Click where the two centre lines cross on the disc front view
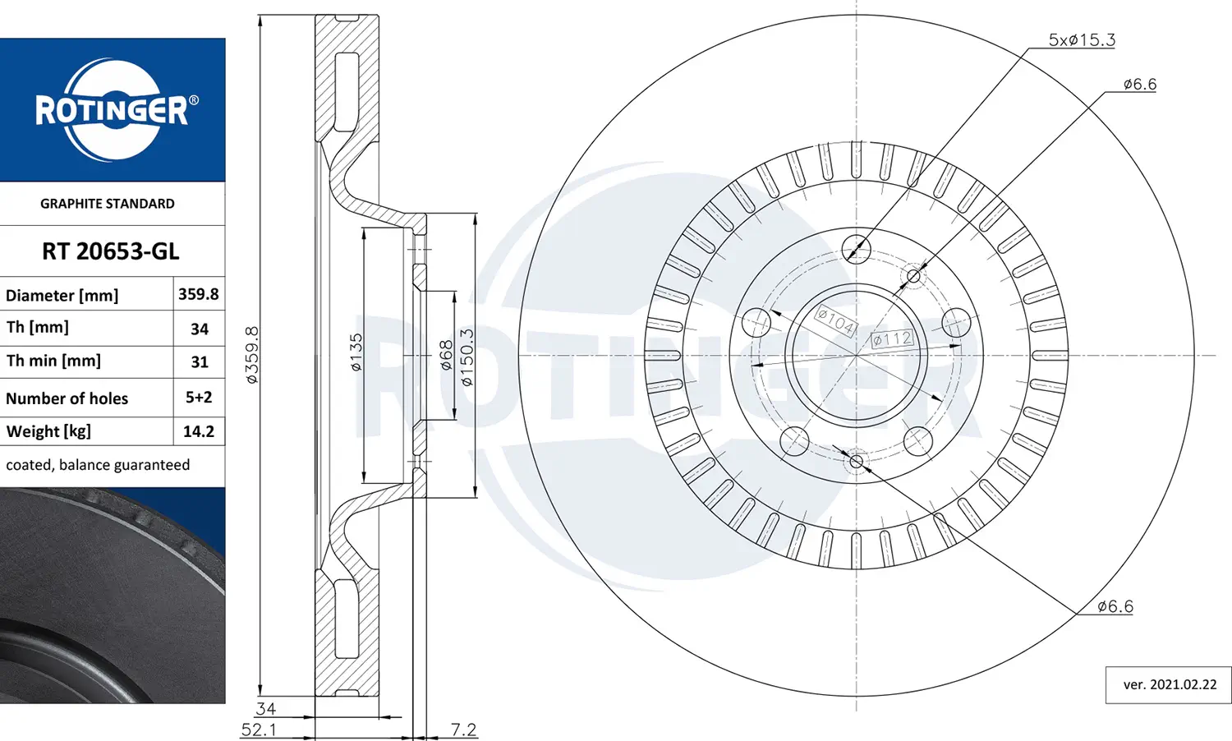[856, 356]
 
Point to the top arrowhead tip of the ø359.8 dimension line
[260, 16]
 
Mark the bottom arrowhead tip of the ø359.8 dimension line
[260, 696]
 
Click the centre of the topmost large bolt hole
[856, 249]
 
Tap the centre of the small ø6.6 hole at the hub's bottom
[856, 461]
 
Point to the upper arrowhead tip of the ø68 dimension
[454, 292]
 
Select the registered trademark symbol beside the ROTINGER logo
[193, 100]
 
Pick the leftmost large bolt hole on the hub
[756, 322]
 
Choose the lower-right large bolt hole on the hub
[918, 441]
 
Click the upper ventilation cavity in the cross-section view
[347, 92]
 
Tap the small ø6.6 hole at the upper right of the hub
[913, 276]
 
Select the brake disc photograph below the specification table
[113, 596]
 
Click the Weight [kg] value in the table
[199, 431]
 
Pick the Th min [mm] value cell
[199, 362]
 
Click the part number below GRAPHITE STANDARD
[111, 251]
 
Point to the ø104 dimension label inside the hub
[835, 320]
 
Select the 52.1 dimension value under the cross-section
[259, 730]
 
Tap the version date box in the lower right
[1168, 685]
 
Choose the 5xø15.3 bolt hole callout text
[1082, 39]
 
